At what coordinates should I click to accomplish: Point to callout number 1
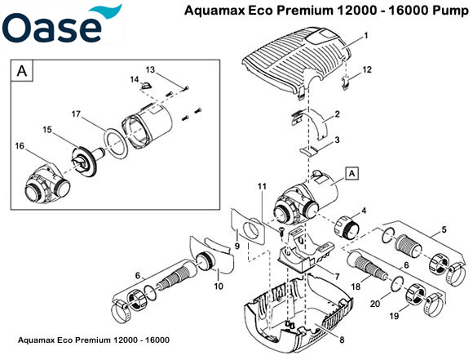pos(366,36)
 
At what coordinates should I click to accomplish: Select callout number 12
pos(367,70)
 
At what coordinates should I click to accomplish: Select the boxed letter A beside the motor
pos(352,173)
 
